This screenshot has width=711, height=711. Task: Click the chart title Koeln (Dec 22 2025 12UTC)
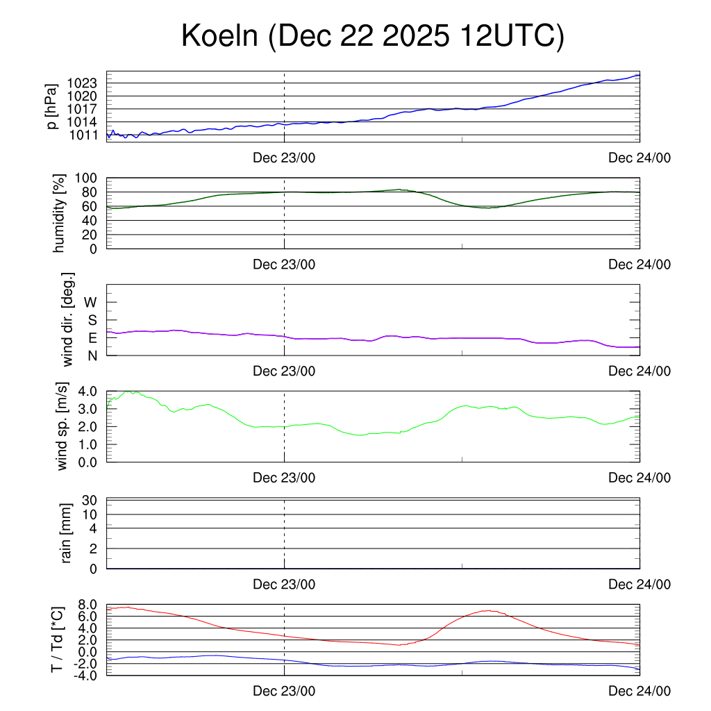(x=373, y=37)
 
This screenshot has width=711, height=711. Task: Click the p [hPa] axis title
(x=51, y=106)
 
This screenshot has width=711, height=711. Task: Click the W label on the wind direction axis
(x=91, y=303)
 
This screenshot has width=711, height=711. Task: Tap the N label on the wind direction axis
(x=92, y=355)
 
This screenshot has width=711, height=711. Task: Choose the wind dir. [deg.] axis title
(x=68, y=319)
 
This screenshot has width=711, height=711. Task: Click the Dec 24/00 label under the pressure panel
(x=639, y=158)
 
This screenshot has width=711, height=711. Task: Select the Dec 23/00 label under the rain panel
(x=283, y=585)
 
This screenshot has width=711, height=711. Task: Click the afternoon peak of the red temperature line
(x=490, y=611)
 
